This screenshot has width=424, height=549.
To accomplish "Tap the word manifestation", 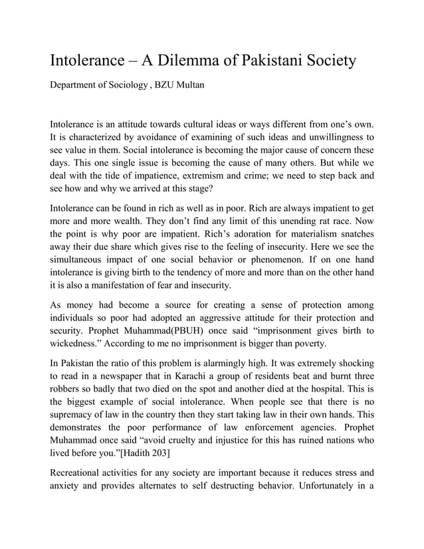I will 114,286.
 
